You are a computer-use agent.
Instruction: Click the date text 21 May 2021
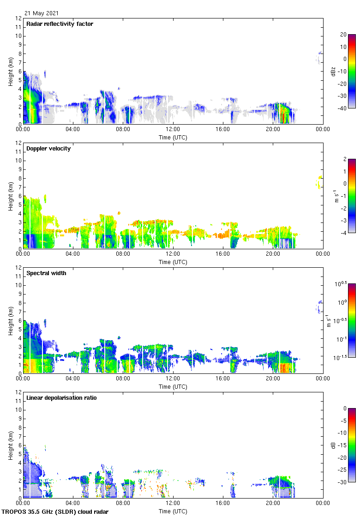(x=42, y=13)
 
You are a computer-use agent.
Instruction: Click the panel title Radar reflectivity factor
(x=60, y=24)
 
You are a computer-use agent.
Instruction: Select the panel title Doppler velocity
(x=48, y=149)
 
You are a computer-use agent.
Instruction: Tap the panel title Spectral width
(x=46, y=273)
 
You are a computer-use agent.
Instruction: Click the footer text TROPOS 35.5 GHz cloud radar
(x=55, y=512)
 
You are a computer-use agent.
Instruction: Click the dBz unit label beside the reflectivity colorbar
(x=333, y=71)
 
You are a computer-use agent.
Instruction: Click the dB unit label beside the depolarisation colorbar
(x=333, y=445)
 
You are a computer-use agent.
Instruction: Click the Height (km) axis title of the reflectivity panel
(x=10, y=71)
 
